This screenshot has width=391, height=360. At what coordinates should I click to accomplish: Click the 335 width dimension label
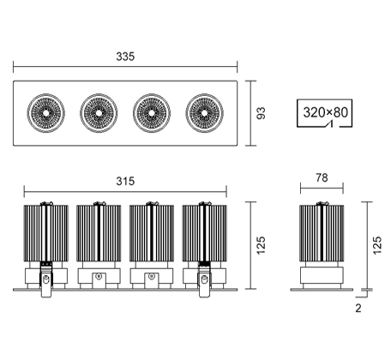tap(125, 57)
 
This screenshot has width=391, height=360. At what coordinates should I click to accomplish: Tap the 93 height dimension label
tap(261, 113)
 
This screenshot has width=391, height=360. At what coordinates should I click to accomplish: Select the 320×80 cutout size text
tap(325, 112)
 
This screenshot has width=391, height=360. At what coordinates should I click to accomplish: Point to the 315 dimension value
tap(125, 181)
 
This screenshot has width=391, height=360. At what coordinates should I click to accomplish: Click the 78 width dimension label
tap(322, 177)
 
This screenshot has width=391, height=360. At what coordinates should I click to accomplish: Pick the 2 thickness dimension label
tap(358, 308)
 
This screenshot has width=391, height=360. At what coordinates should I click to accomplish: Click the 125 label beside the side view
tap(377, 245)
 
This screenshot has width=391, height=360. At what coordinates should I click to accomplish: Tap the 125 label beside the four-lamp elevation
tap(261, 245)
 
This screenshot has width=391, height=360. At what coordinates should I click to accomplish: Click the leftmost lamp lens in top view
tap(46, 113)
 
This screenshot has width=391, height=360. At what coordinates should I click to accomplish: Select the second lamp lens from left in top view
tap(99, 113)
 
